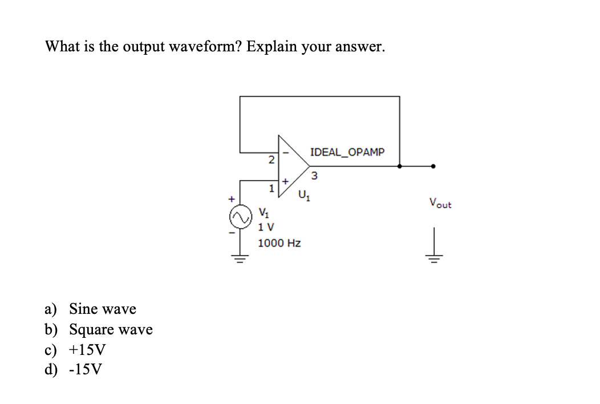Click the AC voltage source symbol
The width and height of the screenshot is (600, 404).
[240, 217]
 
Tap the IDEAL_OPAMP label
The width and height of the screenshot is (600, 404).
[347, 152]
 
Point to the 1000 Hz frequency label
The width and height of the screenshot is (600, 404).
[279, 243]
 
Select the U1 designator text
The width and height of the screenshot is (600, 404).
[303, 199]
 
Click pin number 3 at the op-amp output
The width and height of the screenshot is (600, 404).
[314, 175]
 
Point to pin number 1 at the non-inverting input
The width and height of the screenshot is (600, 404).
[272, 187]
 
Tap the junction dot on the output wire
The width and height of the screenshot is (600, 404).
[399, 167]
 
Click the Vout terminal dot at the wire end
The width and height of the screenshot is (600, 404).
[434, 167]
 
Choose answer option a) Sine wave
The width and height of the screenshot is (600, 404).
[91, 309]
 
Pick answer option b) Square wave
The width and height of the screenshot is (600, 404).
[99, 330]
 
